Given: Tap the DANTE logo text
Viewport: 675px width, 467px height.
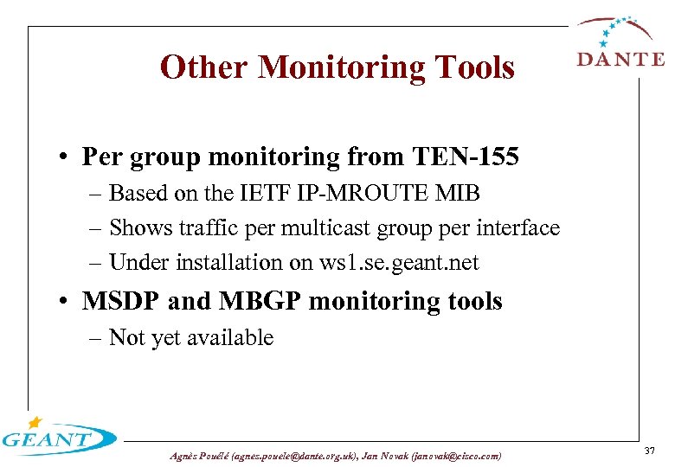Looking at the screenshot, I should (620, 59).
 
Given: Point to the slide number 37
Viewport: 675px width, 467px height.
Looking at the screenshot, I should (649, 450).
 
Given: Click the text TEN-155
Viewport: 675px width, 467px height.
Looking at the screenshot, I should (468, 157).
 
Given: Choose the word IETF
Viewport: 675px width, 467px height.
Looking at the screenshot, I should (280, 193).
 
